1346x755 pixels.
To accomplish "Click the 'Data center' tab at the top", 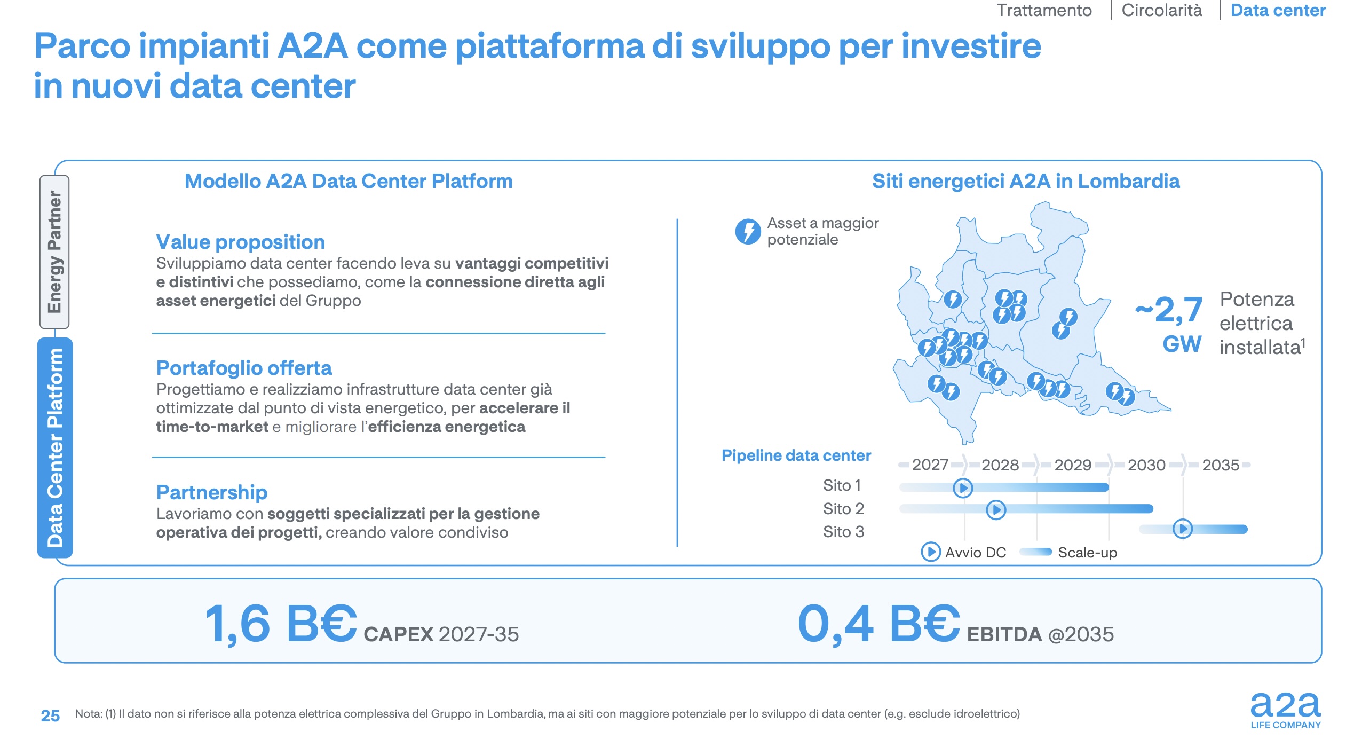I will point(1277,11).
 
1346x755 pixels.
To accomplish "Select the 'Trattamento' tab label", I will point(1044,11).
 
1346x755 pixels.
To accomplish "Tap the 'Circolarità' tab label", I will point(1161,11).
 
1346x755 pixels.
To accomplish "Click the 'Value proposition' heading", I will point(240,242).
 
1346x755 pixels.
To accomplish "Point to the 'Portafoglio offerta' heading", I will point(244,368).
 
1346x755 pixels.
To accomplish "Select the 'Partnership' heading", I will point(212,492).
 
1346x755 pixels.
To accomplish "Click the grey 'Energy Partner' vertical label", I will point(54,252).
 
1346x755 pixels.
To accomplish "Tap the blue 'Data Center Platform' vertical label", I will point(55,447).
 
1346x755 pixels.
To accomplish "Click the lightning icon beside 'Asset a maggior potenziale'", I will point(748,232).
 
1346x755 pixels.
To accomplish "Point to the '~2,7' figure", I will point(1169,310).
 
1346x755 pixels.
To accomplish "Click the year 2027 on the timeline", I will point(930,465).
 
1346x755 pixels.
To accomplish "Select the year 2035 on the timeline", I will point(1220,465).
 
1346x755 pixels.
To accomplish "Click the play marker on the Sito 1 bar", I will point(963,488).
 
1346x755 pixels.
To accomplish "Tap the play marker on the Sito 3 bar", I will point(1183,529).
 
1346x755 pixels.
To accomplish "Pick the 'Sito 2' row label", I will point(843,509).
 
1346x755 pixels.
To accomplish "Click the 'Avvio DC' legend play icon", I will point(931,552).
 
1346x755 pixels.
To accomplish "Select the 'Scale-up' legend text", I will point(1087,553).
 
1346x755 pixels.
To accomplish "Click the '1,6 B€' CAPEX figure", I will point(281,624).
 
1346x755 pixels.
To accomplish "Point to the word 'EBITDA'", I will point(1004,635).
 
